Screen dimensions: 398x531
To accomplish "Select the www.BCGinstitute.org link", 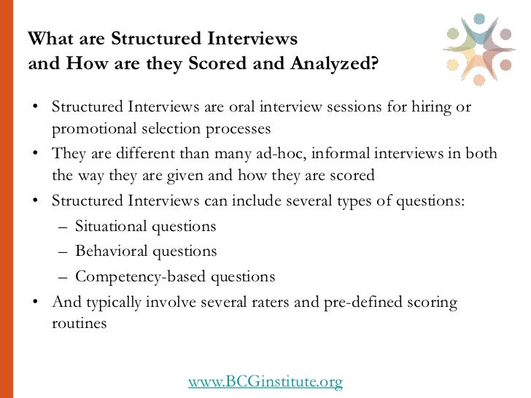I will coord(265,381).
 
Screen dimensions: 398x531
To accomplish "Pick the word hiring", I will coord(427,107).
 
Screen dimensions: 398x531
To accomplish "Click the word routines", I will coord(79,323).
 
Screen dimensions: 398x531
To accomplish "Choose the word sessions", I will coord(363,107).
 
